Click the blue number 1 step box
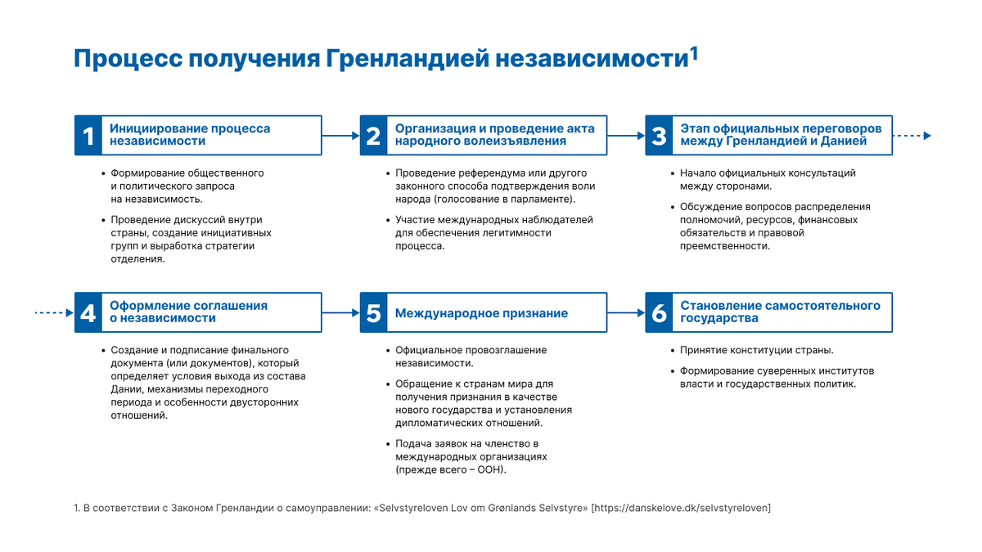87,135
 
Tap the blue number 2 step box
373,135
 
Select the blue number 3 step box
659,135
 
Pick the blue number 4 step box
87,312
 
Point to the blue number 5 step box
373,312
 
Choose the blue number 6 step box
659,312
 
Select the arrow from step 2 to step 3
627,136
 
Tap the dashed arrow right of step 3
912,136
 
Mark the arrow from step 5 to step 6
627,312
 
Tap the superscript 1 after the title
693,53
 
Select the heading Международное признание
481,313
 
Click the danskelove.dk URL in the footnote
681,508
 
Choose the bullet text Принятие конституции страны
757,350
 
